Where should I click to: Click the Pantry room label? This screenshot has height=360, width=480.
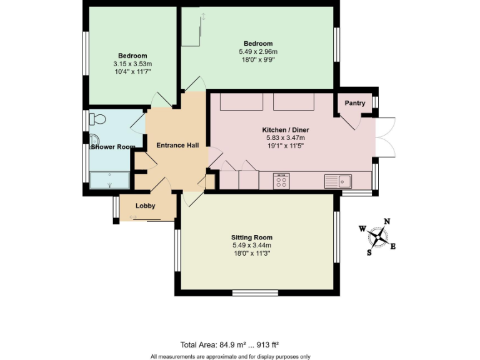[x=354, y=103]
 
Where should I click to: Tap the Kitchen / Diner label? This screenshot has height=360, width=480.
[x=285, y=130]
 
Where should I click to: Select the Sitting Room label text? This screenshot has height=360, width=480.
[x=252, y=237]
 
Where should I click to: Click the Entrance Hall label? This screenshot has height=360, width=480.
[x=177, y=146]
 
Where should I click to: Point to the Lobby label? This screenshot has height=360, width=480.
[x=146, y=206]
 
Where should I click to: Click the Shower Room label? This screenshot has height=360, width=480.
[x=113, y=147]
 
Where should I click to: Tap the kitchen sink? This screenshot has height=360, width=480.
[x=338, y=181]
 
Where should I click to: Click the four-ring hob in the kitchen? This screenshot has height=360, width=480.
[x=281, y=182]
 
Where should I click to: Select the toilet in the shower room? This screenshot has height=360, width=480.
[x=97, y=119]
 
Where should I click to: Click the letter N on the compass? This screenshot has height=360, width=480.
[x=387, y=221]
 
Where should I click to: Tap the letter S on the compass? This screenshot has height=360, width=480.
[x=369, y=253]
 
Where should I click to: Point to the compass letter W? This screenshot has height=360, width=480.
[x=362, y=229]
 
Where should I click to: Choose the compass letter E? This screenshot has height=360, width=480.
[x=393, y=246]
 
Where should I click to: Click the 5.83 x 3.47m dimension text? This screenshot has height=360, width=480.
[x=285, y=137]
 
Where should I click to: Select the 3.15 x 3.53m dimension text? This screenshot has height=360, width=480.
[x=132, y=64]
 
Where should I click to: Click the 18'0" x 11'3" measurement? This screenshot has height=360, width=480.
[x=252, y=253]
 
